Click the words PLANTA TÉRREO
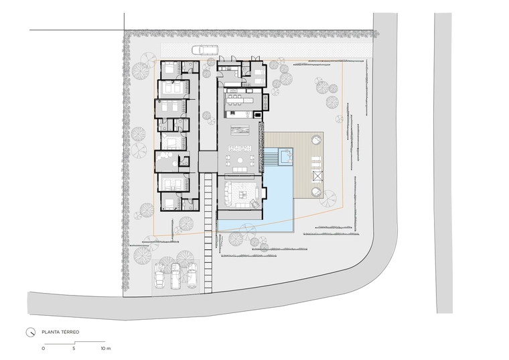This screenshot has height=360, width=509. pyautogui.click(x=60, y=332)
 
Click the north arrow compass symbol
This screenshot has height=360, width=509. pyautogui.click(x=31, y=333)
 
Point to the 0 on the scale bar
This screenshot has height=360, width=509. pyautogui.click(x=43, y=349)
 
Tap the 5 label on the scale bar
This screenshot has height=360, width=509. pyautogui.click(x=74, y=349)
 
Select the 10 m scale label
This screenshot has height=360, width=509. pyautogui.click(x=106, y=349)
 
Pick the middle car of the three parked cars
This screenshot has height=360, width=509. pyautogui.click(x=175, y=276)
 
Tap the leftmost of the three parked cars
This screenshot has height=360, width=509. pyautogui.click(x=159, y=276)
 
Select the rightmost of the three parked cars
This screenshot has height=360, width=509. pyautogui.click(x=192, y=275)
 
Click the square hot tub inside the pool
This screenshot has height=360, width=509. pyautogui.click(x=286, y=156)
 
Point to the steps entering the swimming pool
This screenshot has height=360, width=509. pyautogui.click(x=271, y=160)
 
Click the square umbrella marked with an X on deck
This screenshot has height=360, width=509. pyautogui.click(x=317, y=176)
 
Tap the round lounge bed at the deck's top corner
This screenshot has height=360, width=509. pyautogui.click(x=316, y=140)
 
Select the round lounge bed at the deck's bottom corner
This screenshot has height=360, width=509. pyautogui.click(x=316, y=192)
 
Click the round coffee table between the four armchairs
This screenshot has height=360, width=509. pyautogui.click(x=240, y=160)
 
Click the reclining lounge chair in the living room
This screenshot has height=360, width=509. pyautogui.click(x=254, y=204)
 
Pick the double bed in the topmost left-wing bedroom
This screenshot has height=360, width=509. pyautogui.click(x=169, y=68)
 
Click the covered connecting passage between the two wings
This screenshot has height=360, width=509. pyautogui.click(x=208, y=162)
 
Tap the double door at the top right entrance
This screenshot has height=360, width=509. pyautogui.click(x=255, y=58)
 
